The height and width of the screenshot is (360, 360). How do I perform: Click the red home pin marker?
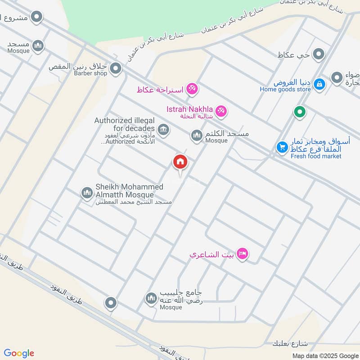(x=180, y=162)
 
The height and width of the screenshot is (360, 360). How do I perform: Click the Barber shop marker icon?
(x=116, y=69)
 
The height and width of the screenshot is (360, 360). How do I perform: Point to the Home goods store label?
(x=285, y=89)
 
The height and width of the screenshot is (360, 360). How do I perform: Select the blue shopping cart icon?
(x=282, y=147)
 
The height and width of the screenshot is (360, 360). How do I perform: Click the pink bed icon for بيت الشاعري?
(x=243, y=254)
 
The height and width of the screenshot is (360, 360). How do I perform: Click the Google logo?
(x=19, y=353)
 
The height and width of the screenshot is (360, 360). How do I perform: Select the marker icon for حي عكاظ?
(x=319, y=55)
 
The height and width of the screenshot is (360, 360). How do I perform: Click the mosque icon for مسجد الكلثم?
(x=197, y=135)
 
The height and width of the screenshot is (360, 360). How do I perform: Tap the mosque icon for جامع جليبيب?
(x=151, y=298)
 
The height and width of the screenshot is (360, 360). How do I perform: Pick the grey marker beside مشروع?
(x=37, y=18)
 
